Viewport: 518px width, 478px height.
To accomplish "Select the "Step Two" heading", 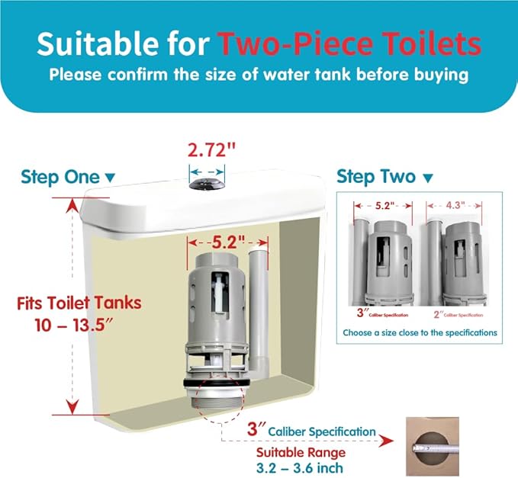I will coord(376,177).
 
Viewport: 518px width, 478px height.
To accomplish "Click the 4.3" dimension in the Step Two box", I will coord(455,205).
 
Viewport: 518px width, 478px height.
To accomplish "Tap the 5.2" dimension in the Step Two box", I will coord(384,205).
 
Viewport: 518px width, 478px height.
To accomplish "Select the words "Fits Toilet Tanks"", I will coord(79,302).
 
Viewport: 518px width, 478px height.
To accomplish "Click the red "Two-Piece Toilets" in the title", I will coord(349,44).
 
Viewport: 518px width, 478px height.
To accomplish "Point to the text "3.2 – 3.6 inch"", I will coord(299,467).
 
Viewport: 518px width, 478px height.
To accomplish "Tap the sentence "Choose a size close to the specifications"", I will coord(420,332).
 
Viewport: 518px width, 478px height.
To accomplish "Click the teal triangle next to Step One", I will coord(110,178).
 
